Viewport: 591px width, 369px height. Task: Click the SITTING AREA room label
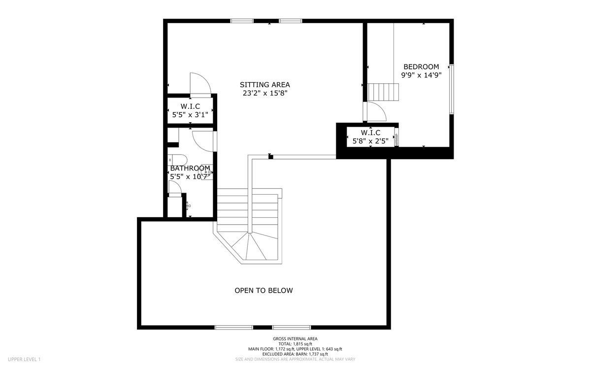coord(264,84)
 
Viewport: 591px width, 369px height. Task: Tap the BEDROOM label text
coord(421,67)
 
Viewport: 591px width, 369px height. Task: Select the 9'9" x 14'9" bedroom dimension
coord(421,75)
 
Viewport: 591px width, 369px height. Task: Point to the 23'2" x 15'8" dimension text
coord(264,93)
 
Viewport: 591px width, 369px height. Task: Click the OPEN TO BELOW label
coord(263,291)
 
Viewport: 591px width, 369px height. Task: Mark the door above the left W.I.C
coord(200,84)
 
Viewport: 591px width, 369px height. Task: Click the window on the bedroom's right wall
coord(451,89)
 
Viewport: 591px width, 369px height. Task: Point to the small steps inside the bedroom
coord(383,92)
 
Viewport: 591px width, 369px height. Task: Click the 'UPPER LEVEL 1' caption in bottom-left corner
coord(24,359)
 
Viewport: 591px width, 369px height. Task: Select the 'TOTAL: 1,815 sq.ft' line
coord(295,344)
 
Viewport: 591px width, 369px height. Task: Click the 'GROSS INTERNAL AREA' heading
coord(295,338)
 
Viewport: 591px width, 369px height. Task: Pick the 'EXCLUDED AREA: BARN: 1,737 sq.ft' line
coord(295,354)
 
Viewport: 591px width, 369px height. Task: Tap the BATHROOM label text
coord(190,168)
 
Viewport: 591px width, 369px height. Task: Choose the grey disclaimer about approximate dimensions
coord(295,359)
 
